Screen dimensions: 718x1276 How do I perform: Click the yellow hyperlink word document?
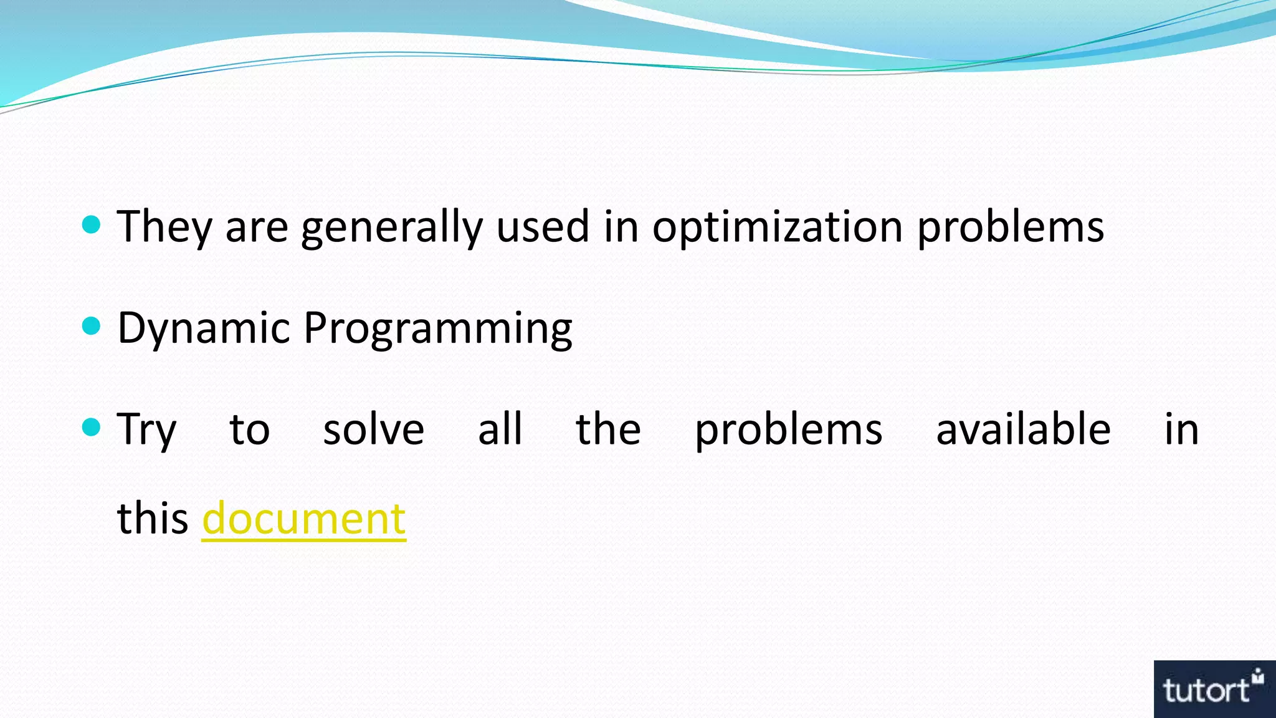[303, 519]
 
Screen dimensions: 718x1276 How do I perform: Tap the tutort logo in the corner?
[1214, 689]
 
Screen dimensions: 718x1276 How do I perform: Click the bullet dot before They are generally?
[92, 224]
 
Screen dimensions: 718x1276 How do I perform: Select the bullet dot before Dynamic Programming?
[92, 325]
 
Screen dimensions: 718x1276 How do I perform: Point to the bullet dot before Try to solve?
[92, 427]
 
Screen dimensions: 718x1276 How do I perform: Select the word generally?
[392, 227]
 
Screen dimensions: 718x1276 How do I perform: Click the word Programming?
[437, 328]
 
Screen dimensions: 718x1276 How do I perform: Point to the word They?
[164, 227]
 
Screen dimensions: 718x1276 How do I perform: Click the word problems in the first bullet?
[1011, 227]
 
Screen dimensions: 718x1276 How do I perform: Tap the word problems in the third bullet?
[788, 430]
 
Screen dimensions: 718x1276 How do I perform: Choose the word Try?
[147, 430]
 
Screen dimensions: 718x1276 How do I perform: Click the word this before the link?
[153, 519]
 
